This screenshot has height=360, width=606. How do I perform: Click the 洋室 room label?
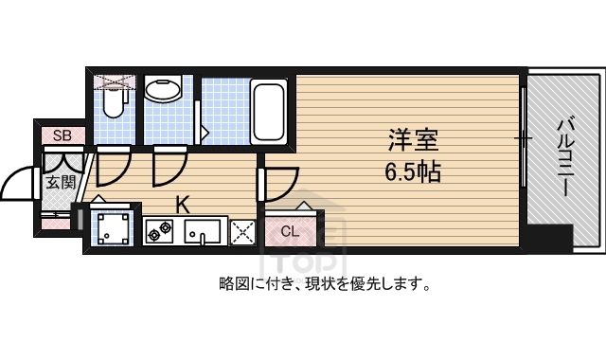coord(413,140)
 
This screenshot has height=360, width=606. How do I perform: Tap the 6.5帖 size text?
coord(413,172)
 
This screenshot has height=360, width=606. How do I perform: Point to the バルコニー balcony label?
coord(566,158)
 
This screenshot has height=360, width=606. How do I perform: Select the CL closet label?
coord(290,231)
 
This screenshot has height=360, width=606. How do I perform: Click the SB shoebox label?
coord(62,135)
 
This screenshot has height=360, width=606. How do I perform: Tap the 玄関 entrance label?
coord(61,182)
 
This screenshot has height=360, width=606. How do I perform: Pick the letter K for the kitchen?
coord(183,205)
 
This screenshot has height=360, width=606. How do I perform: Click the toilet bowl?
coord(114,102)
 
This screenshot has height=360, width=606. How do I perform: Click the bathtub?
coord(269,112)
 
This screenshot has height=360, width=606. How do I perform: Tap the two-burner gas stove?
coord(159,231)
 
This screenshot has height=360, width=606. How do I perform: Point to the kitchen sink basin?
coord(202,231)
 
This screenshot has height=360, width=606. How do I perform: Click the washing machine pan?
coord(113,229)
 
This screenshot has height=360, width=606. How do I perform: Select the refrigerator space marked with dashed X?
coord(242,232)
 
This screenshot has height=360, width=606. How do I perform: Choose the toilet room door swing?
coord(113,167)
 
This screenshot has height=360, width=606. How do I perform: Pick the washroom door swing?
coord(169,167)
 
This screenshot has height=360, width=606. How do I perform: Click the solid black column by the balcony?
coord(550,238)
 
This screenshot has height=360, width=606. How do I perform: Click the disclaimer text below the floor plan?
coord(325,284)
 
